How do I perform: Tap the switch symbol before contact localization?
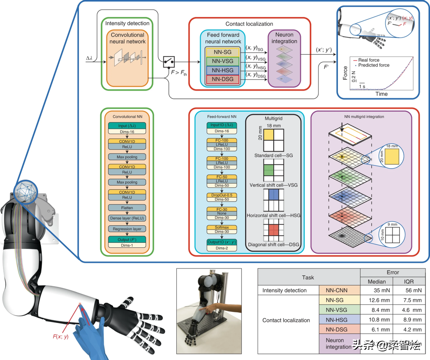pos(168,62)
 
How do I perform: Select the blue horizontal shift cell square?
pos(274,195)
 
